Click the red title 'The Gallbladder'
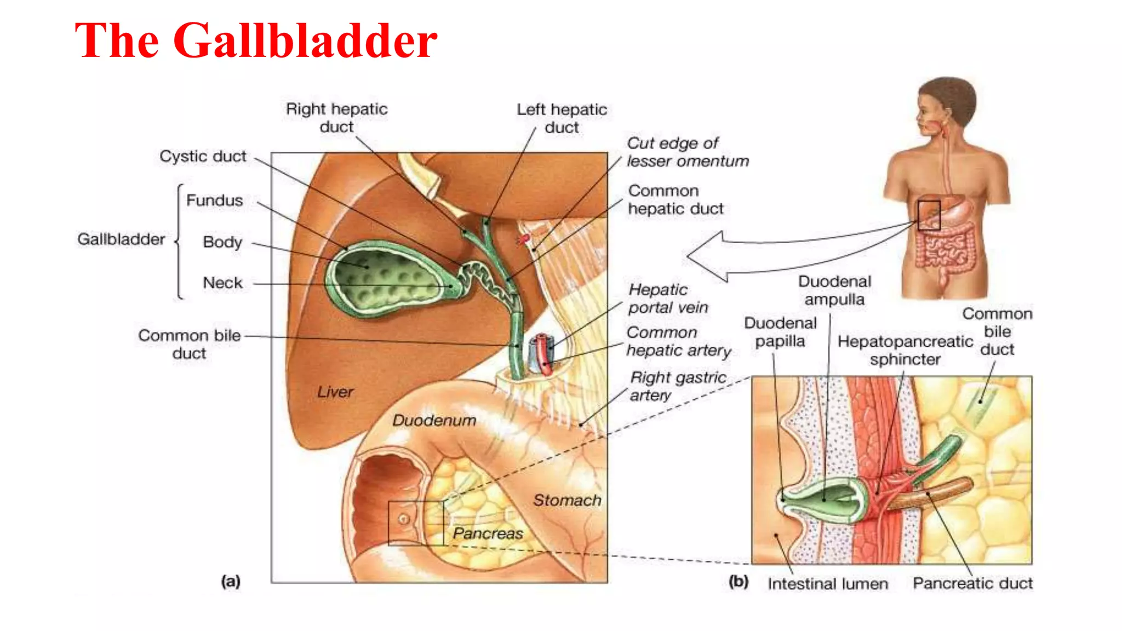pos(256,41)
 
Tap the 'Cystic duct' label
pos(203,157)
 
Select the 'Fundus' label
pos(214,200)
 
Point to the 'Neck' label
pos(222,283)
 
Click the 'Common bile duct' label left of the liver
pos(189,344)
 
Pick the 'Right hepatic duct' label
pos(336,118)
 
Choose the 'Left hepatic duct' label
pos(562,118)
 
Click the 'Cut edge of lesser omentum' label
pos(688,152)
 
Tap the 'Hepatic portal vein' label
pos(668,299)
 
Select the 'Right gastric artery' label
pos(678,386)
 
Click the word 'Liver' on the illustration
pos(335,392)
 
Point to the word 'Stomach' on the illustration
pos(567,500)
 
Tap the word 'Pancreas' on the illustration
pos(488,534)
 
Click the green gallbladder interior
pos(383,279)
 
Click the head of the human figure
pos(945,107)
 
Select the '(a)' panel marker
pos(231,581)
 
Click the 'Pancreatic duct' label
pos(972,583)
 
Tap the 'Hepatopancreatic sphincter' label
pos(905,351)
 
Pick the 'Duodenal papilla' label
pos(780,332)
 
